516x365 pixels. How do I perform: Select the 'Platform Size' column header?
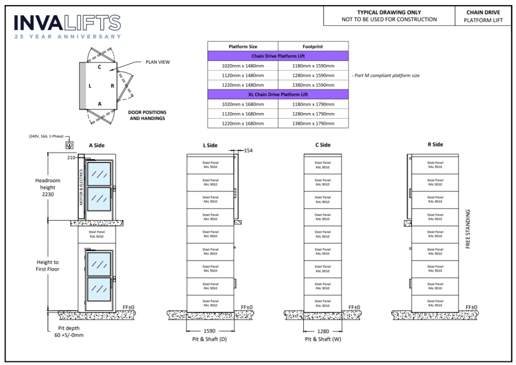tap(243, 46)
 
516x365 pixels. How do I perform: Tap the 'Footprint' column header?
tap(313, 46)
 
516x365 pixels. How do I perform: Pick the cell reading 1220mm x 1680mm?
tap(243, 123)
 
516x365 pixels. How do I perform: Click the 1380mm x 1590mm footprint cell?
tap(313, 85)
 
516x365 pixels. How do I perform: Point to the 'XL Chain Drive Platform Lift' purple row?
tap(278, 94)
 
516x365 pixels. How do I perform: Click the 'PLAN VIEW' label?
tap(157, 62)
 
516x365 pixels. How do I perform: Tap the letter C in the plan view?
tap(100, 67)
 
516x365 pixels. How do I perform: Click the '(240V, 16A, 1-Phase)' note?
tap(46, 136)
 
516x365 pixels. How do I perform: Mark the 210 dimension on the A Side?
tap(71, 158)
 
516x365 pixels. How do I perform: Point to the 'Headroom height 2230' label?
tap(48, 187)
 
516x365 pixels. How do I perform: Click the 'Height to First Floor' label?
tap(48, 266)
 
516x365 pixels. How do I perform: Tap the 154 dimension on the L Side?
tap(248, 150)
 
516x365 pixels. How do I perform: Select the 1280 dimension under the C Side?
tap(322, 332)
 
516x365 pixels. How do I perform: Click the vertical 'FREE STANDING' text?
tap(468, 230)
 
